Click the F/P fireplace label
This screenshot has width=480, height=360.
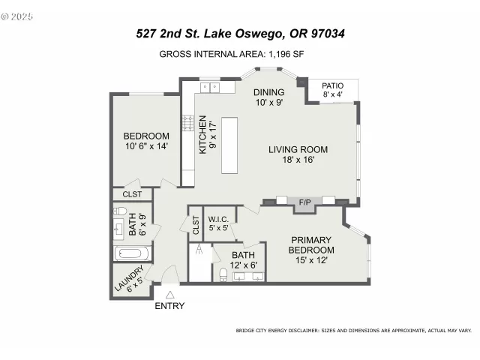tap(305, 202)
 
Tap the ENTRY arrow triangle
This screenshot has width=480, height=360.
tap(169, 294)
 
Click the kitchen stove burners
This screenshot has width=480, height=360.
tap(187, 123)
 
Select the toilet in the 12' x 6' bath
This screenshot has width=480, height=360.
tap(223, 274)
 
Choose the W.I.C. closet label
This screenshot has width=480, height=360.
tap(218, 218)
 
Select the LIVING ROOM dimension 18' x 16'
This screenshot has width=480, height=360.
tap(298, 160)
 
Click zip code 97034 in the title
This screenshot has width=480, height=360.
tap(324, 34)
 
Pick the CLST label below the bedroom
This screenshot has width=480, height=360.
tap(132, 194)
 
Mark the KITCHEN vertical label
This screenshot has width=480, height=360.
tap(202, 137)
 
